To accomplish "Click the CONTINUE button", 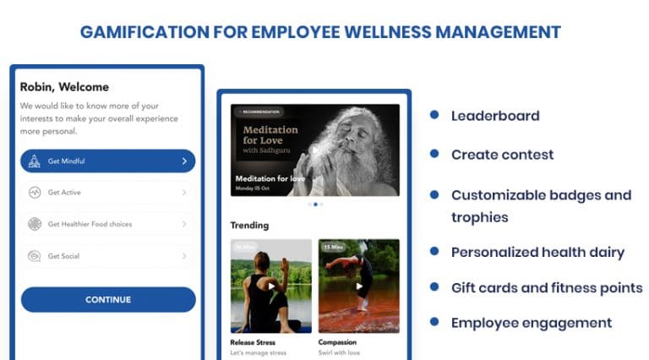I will pyautogui.click(x=108, y=299).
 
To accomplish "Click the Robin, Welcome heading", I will pyautogui.click(x=64, y=86).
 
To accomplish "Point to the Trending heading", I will pyautogui.click(x=249, y=226).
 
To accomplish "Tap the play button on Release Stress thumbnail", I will pyautogui.click(x=272, y=286).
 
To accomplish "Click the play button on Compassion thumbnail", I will pyautogui.click(x=358, y=286).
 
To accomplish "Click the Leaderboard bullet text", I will pyautogui.click(x=494, y=116).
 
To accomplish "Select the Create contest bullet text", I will pyautogui.click(x=502, y=155).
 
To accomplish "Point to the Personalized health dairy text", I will pyautogui.click(x=537, y=252).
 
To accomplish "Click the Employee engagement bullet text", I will pyautogui.click(x=531, y=322).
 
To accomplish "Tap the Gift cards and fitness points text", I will pyautogui.click(x=546, y=287).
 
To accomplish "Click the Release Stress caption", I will pyautogui.click(x=254, y=342).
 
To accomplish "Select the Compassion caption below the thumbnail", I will pyautogui.click(x=337, y=342).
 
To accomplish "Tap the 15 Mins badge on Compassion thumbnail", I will pyautogui.click(x=332, y=248).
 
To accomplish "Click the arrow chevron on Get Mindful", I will pyautogui.click(x=183, y=161).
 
